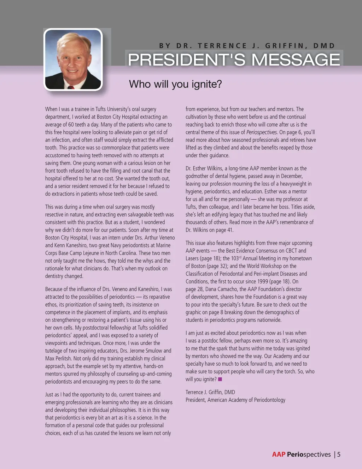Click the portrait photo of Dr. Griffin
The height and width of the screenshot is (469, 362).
[x=73, y=59]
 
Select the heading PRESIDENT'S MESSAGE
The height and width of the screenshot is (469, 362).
[x=234, y=59]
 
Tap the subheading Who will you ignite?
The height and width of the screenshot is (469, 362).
[x=175, y=84]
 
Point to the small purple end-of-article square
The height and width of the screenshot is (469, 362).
[x=220, y=379]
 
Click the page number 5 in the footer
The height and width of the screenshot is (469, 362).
[x=339, y=454]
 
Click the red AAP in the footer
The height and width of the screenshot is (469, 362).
[x=279, y=454]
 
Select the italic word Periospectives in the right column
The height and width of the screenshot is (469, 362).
[x=262, y=132]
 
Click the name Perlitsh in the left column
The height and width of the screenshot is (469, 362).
[x=63, y=359]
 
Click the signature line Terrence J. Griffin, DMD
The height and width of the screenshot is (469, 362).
[x=210, y=392]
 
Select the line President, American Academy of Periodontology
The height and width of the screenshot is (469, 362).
[x=235, y=400]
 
